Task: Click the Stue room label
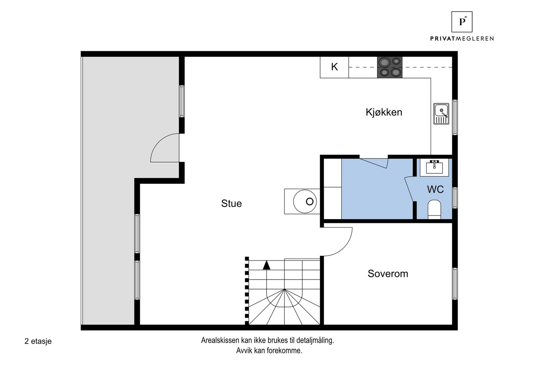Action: pos(231,204)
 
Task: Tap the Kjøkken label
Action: pos(384,112)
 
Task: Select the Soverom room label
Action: pos(388,274)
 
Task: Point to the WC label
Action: pos(435,189)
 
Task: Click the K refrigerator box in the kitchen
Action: pos(334,67)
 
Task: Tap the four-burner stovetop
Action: pos(390,67)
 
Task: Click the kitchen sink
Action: pos(441,114)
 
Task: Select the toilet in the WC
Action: pos(434,209)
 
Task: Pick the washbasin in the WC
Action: pos(434,167)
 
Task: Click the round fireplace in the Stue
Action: pos(305,201)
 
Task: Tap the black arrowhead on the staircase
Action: pos(267,265)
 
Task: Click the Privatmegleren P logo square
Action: pos(462,22)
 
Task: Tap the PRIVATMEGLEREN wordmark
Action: pos(462,38)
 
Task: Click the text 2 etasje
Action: pos(38,341)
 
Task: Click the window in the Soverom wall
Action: pos(455,284)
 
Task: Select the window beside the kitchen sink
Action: pos(455,117)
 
